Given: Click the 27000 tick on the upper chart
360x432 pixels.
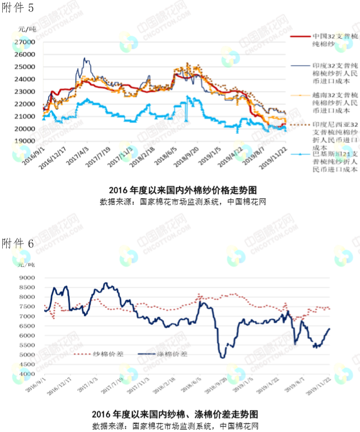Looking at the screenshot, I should [26, 42].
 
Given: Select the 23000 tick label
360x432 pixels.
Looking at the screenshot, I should [26, 91].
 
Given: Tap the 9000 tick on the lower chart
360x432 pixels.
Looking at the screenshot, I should [27, 278].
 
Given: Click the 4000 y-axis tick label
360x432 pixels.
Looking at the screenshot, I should [27, 374].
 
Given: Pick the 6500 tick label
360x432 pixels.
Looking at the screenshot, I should [27, 326].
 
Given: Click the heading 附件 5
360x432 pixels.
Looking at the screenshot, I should [18, 8].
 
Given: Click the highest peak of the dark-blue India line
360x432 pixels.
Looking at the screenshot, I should [85, 58].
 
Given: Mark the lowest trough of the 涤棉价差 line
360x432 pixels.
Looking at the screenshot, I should [222, 357].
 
